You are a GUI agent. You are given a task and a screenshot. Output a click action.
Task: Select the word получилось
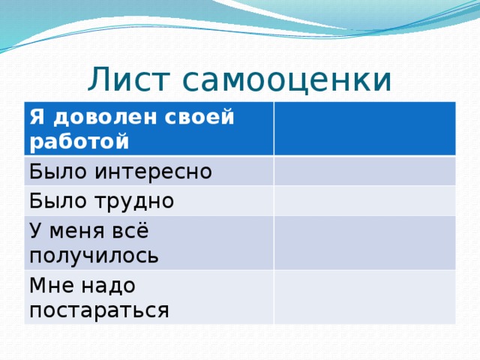coord(94,255)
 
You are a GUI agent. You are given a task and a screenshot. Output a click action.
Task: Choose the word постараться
coord(99,310)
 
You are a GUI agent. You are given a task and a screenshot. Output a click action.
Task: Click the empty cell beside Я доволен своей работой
coord(364,128)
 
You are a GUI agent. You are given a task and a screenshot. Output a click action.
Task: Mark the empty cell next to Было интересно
coord(364,171)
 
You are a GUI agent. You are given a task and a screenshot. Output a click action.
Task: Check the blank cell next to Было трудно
coord(364,200)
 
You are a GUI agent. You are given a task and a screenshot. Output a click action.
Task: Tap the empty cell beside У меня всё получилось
coord(364,242)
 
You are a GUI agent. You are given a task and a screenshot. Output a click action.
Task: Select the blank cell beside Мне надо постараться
coord(364,297)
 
